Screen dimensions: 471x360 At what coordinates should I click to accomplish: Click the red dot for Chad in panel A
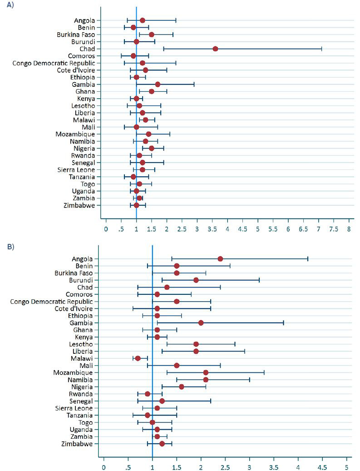(x=215, y=49)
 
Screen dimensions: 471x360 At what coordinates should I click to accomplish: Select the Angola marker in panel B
(x=220, y=258)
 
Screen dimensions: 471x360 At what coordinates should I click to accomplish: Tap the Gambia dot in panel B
(x=201, y=322)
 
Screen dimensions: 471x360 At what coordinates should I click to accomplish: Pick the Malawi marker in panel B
(x=138, y=358)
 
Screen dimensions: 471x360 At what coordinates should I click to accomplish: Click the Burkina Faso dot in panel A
(x=152, y=35)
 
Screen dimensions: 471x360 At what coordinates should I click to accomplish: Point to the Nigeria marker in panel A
(x=152, y=148)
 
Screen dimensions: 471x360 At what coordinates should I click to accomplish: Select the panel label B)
(x=10, y=247)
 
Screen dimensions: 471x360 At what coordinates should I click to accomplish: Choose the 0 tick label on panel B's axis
(x=104, y=466)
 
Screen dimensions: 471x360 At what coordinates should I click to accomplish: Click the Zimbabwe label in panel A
(x=80, y=205)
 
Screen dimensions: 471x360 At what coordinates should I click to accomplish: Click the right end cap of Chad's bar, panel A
(x=321, y=49)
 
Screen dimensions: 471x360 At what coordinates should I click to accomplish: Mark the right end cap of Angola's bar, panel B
(x=308, y=258)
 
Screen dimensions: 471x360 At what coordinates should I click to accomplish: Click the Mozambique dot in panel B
(x=206, y=372)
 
